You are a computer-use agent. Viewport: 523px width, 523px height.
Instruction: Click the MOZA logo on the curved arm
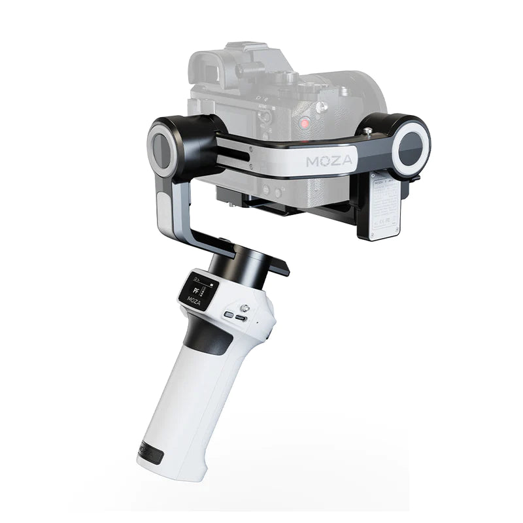point(329,160)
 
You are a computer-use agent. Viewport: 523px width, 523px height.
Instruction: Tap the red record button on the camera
point(305,123)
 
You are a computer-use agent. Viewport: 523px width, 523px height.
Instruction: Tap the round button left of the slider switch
point(228,314)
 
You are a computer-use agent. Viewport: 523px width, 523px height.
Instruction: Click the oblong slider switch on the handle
point(242,318)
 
